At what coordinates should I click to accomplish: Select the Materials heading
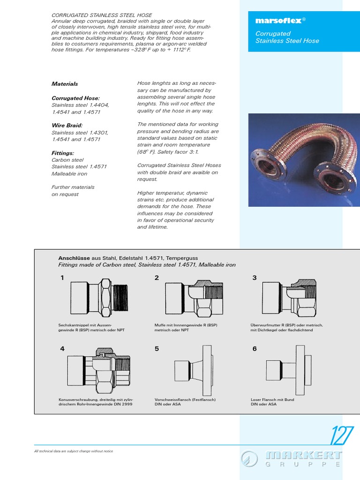65,84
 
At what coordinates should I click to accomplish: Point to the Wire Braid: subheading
67,126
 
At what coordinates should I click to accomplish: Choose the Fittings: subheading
63,153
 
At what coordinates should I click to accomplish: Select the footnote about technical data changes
74,451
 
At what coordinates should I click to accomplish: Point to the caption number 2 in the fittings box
157,278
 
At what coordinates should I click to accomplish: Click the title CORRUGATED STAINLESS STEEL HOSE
102,15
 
